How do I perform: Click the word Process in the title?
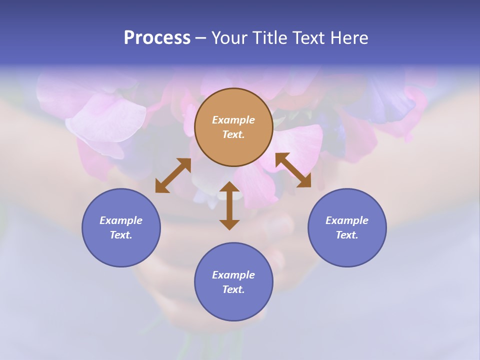point(157,38)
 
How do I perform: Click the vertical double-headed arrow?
point(229,205)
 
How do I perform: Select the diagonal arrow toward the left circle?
point(173,175)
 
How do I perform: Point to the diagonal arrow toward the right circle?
point(293,170)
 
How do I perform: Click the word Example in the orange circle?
point(233,120)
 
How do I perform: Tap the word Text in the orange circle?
point(233,134)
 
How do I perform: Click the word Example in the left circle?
point(121,220)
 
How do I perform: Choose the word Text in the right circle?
point(347,235)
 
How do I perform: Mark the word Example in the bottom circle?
point(233,275)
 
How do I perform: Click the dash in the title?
point(201,38)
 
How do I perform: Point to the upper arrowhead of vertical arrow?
point(229,187)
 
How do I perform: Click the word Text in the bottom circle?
point(233,289)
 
